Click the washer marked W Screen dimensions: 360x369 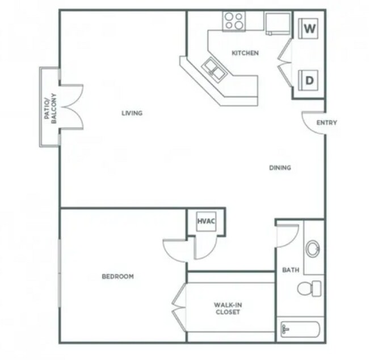(x=309, y=28)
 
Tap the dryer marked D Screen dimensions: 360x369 (x=309, y=80)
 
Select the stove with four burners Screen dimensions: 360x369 (x=232, y=21)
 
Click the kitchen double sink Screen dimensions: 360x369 (x=215, y=68)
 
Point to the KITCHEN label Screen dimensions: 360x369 (x=245, y=53)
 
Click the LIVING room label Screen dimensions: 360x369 (x=132, y=113)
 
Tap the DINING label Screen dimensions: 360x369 (x=280, y=168)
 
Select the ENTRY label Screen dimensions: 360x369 (x=326, y=122)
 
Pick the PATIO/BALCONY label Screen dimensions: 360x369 (x=49, y=106)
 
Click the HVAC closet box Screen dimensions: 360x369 (x=204, y=221)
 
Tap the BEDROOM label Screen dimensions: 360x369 (x=118, y=277)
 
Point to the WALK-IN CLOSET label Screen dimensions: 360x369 (x=227, y=308)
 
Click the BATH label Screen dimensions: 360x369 (x=291, y=270)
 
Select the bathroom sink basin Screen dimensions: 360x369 (x=313, y=248)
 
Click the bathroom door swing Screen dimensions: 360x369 (x=288, y=235)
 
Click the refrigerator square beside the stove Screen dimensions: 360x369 (x=278, y=22)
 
